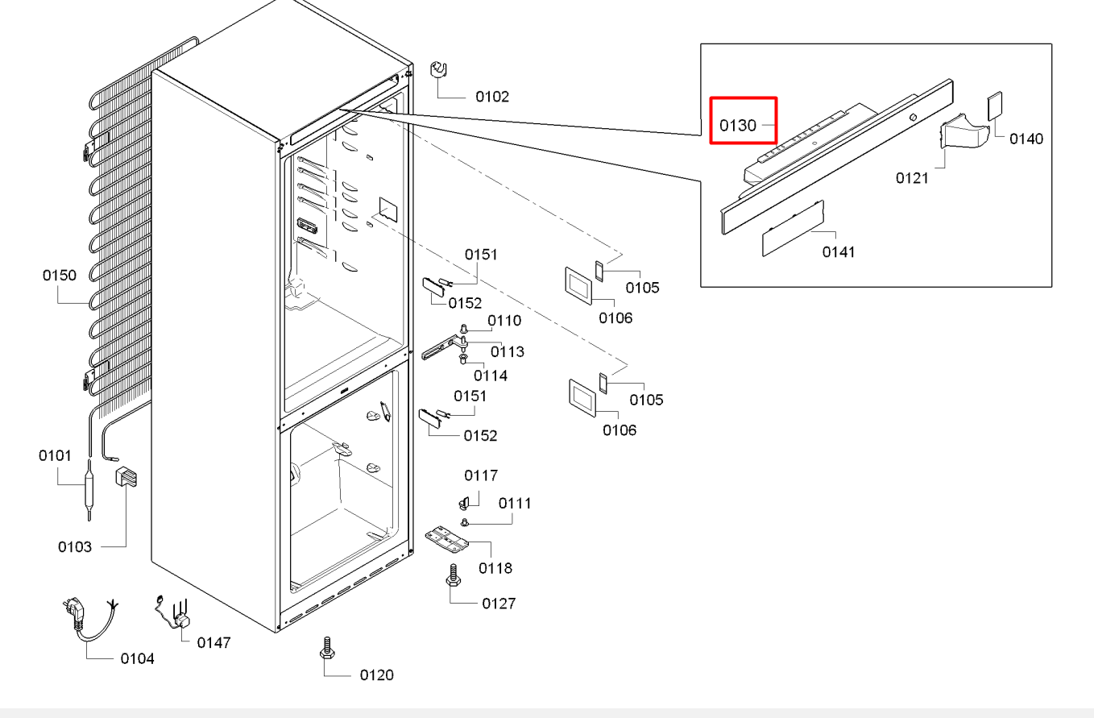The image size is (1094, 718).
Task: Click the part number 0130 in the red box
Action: pos(737,126)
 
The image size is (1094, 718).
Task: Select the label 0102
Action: pos(491,97)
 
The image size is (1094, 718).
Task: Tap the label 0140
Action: pos(1026,139)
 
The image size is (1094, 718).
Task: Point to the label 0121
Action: pos(912,178)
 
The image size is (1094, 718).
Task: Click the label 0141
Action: pos(839,252)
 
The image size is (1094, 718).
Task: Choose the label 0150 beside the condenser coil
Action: pos(59,276)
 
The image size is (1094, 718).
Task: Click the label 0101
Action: pos(55,456)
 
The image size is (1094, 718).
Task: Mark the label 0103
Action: pos(74,547)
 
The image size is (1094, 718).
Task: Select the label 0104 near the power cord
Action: pos(137,659)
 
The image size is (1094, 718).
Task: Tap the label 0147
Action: pos(213,642)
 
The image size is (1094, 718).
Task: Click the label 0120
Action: pos(377,674)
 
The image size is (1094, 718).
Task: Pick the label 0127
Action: pos(499,604)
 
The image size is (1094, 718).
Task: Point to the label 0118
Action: pos(495,568)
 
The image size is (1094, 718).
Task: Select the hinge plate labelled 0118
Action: pos(446,540)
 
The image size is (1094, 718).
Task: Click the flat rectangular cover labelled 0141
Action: pos(793,230)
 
